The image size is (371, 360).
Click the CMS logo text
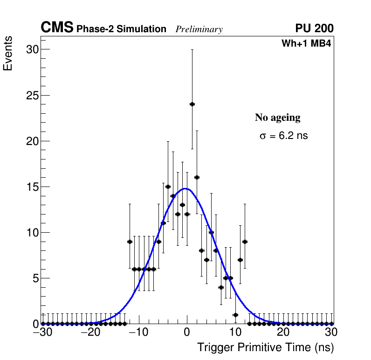pos(57,28)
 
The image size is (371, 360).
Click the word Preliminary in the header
pos(199,29)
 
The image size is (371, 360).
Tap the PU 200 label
pos(314,28)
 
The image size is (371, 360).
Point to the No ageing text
pos(277,118)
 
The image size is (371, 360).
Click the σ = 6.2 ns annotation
pos(283,136)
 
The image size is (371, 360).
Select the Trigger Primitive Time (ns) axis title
pos(265,347)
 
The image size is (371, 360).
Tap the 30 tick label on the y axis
pos(31,49)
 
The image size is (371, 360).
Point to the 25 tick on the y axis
pos(31,96)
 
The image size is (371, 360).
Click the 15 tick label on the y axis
pos(31,187)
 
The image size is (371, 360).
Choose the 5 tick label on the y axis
pos(34,278)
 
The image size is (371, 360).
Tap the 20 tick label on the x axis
pos(283,332)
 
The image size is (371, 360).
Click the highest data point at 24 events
pos(192,104)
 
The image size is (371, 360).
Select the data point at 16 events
pos(197,177)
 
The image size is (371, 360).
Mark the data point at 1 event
pos(235,315)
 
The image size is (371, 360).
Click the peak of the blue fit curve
pos(186,188)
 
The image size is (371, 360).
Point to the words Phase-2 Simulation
pos(121,29)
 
